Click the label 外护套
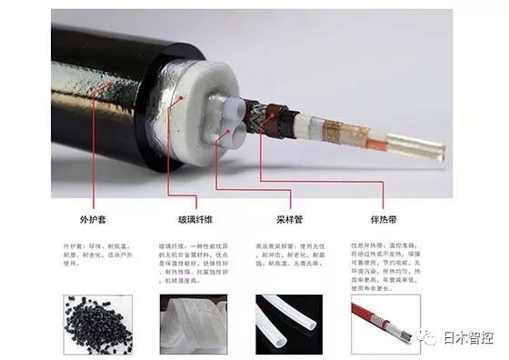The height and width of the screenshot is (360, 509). pos(95,219)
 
